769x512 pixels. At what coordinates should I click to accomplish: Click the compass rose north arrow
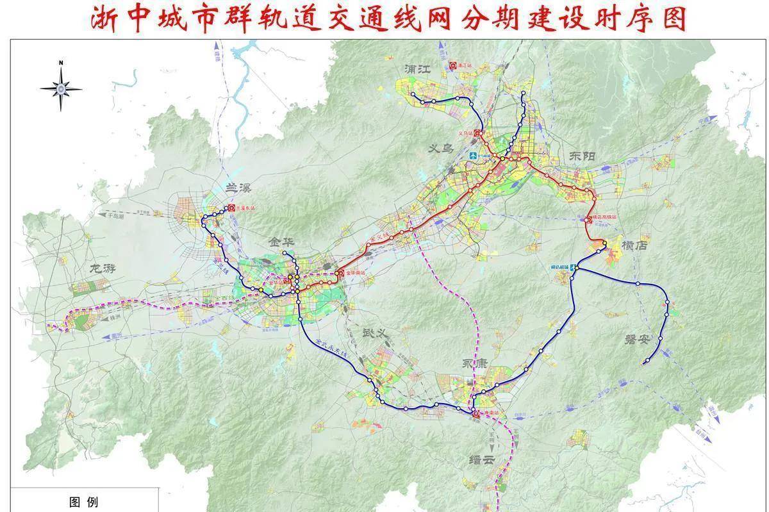(x=61, y=88)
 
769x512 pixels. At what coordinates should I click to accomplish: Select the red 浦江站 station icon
(x=452, y=65)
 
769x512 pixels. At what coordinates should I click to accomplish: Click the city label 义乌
(x=440, y=149)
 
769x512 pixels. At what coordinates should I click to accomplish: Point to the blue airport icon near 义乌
(x=474, y=156)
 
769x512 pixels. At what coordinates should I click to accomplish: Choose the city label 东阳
(x=581, y=158)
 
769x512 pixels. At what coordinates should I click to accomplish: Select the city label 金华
(x=283, y=242)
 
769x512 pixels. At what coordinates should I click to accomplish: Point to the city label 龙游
(x=102, y=267)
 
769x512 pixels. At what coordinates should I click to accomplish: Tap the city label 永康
(x=475, y=363)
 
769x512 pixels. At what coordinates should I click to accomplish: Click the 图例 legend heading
(x=84, y=502)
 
